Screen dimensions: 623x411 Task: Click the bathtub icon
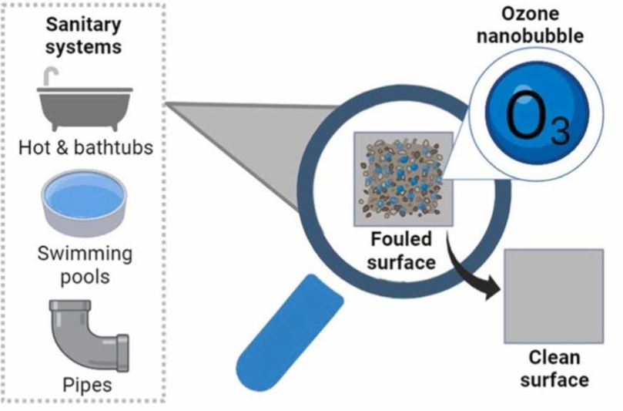pyautogui.click(x=85, y=106)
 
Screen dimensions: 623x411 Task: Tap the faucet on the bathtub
pyautogui.click(x=51, y=76)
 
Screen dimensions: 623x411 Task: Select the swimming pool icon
pyautogui.click(x=84, y=203)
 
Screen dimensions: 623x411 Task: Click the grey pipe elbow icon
pyautogui.click(x=89, y=335)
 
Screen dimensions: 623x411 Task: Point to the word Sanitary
pyautogui.click(x=83, y=25)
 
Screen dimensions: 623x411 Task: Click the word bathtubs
pyautogui.click(x=114, y=147)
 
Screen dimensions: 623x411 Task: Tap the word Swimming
pyautogui.click(x=85, y=254)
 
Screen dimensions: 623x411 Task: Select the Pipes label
pyautogui.click(x=88, y=385)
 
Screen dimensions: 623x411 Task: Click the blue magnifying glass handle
pyautogui.click(x=290, y=332)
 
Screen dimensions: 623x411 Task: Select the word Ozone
pyautogui.click(x=530, y=14)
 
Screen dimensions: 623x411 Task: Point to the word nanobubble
pyautogui.click(x=530, y=35)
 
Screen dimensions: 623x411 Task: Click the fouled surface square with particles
pyautogui.click(x=404, y=179)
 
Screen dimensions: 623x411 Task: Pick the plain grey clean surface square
pyautogui.click(x=554, y=296)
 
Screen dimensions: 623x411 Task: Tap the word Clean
pyautogui.click(x=554, y=357)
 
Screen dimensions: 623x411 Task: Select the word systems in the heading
pyautogui.click(x=83, y=47)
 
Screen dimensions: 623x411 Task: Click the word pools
pyautogui.click(x=85, y=277)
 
